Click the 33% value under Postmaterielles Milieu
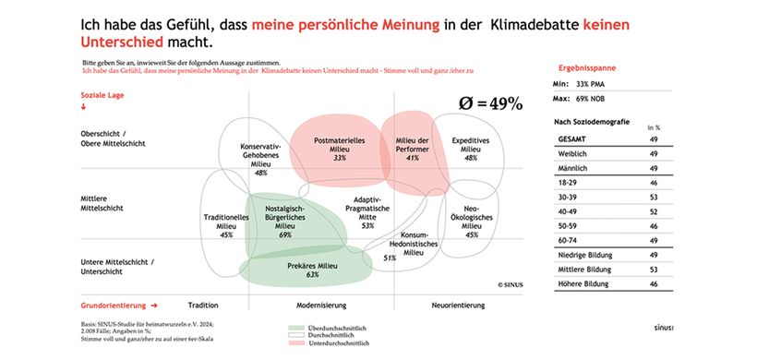pyautogui.click(x=340, y=158)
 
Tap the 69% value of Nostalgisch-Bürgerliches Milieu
pyautogui.click(x=284, y=234)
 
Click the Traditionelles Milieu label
pyautogui.click(x=226, y=222)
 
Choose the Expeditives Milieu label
pyautogui.click(x=471, y=145)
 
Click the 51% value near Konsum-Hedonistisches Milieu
pyautogui.click(x=390, y=258)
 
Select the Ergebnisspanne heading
pyautogui.click(x=587, y=68)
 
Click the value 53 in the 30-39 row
pyautogui.click(x=653, y=197)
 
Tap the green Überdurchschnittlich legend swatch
pyautogui.click(x=296, y=328)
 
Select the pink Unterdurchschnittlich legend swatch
pyautogui.click(x=296, y=342)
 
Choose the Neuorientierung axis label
pyautogui.click(x=458, y=304)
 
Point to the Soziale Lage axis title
pyautogui.click(x=103, y=94)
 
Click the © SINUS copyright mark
pyautogui.click(x=511, y=285)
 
